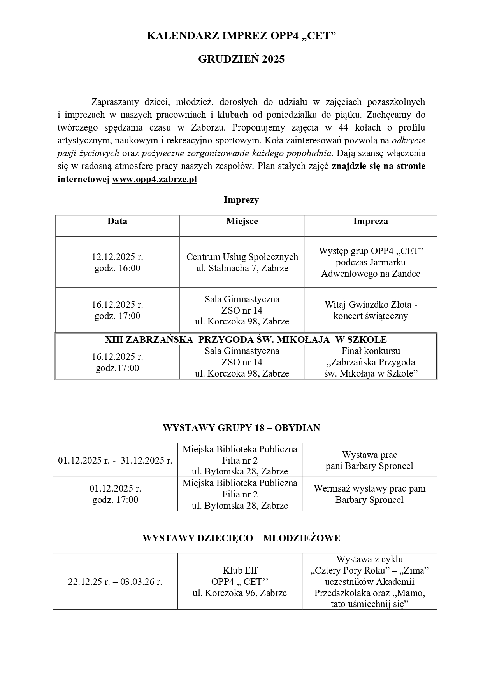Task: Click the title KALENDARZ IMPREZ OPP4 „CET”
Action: pyautogui.click(x=241, y=36)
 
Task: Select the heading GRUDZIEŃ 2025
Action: pyautogui.click(x=241, y=59)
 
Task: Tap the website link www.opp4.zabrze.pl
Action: pyautogui.click(x=155, y=180)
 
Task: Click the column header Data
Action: pyautogui.click(x=117, y=222)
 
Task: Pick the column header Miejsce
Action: pyautogui.click(x=242, y=222)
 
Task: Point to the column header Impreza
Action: pyautogui.click(x=371, y=222)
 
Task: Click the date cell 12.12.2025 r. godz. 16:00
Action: pyautogui.click(x=117, y=262)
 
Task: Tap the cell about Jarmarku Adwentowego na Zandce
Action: pyautogui.click(x=371, y=262)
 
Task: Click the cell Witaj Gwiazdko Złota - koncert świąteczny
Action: pyautogui.click(x=371, y=310)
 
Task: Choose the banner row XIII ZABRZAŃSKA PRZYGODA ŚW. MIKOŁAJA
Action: pyautogui.click(x=246, y=339)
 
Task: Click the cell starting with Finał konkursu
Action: pyautogui.click(x=371, y=362)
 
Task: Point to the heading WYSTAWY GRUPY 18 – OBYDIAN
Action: pyautogui.click(x=241, y=428)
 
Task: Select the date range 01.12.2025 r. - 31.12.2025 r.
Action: pyautogui.click(x=115, y=460)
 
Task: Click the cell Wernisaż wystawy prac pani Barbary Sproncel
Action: pyautogui.click(x=369, y=494)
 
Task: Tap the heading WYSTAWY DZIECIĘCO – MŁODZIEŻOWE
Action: pyautogui.click(x=241, y=538)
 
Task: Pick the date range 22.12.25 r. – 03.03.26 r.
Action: pyautogui.click(x=115, y=582)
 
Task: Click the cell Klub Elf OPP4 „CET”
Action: pyautogui.click(x=240, y=582)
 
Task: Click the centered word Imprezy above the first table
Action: pyautogui.click(x=241, y=200)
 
